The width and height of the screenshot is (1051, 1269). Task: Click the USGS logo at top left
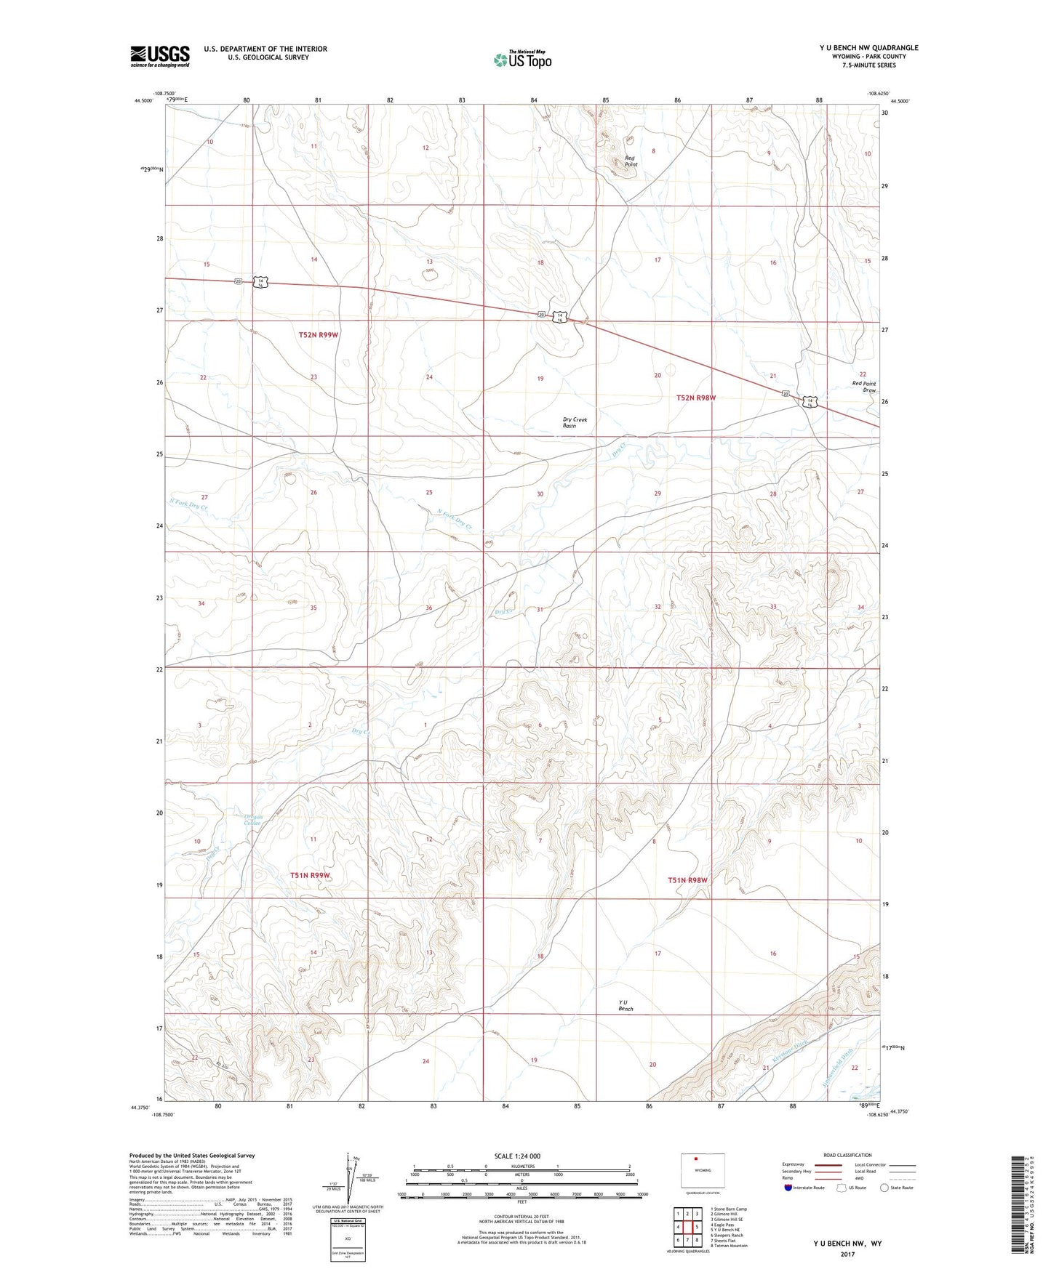tap(159, 56)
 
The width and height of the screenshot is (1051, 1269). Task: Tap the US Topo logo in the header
tap(521, 59)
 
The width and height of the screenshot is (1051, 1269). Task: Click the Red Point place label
tap(630, 161)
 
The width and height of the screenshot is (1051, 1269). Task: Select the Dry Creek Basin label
tap(574, 422)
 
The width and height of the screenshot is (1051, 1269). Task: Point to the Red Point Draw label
tap(864, 387)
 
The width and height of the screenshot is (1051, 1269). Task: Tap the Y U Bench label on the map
tap(626, 1006)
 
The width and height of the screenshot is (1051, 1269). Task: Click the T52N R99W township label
tap(319, 335)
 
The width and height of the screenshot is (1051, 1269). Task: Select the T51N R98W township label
tap(687, 880)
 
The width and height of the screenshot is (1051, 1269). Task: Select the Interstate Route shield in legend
tap(789, 1188)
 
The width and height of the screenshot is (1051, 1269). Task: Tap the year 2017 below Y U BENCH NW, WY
tap(847, 1254)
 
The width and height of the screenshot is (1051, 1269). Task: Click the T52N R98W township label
tap(696, 398)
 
